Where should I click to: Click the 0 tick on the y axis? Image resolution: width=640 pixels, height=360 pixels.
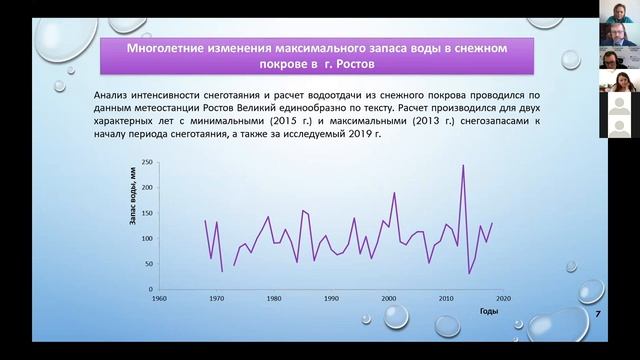point(149,289)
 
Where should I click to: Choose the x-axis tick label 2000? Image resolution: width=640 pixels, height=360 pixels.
point(388,298)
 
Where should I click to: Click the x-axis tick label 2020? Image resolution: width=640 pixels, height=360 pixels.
point(503,298)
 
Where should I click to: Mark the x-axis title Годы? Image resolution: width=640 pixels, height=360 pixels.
point(489,312)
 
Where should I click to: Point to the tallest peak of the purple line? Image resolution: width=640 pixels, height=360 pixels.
point(463,165)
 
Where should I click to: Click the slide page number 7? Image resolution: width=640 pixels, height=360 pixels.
point(598,315)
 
